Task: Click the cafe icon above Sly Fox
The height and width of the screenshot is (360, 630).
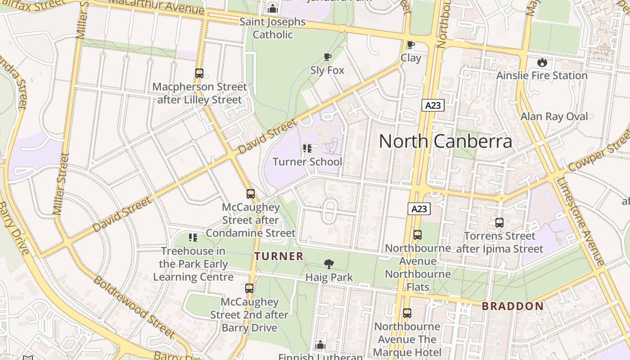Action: pyautogui.click(x=328, y=57)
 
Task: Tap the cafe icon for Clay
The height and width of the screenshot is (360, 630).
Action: pyautogui.click(x=410, y=45)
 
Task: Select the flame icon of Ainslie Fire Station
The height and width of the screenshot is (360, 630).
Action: pyautogui.click(x=542, y=62)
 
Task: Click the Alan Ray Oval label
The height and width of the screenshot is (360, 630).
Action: pyautogui.click(x=554, y=117)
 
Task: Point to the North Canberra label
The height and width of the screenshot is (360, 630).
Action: pyautogui.click(x=445, y=141)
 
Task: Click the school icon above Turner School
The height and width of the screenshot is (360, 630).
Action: pyautogui.click(x=307, y=148)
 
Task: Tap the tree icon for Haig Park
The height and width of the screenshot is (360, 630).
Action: pyautogui.click(x=329, y=264)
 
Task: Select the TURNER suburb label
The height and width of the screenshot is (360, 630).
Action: pyautogui.click(x=279, y=256)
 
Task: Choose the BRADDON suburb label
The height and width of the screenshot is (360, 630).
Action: pyautogui.click(x=513, y=306)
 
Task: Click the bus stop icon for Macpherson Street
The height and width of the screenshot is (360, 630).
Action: pyautogui.click(x=199, y=73)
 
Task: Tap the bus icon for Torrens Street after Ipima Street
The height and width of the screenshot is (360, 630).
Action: pyautogui.click(x=499, y=222)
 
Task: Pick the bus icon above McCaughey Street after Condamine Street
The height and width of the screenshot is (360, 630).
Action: pyautogui.click(x=251, y=194)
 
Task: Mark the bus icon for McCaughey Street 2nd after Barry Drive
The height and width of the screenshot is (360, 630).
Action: pyautogui.click(x=249, y=288)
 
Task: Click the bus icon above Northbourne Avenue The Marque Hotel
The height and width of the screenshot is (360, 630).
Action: pyautogui.click(x=407, y=313)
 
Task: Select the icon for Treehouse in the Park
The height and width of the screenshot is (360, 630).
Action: pyautogui.click(x=193, y=237)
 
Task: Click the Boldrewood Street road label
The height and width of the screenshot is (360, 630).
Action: pyautogui.click(x=134, y=307)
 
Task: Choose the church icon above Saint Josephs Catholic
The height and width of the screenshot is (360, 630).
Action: pyautogui.click(x=273, y=9)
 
